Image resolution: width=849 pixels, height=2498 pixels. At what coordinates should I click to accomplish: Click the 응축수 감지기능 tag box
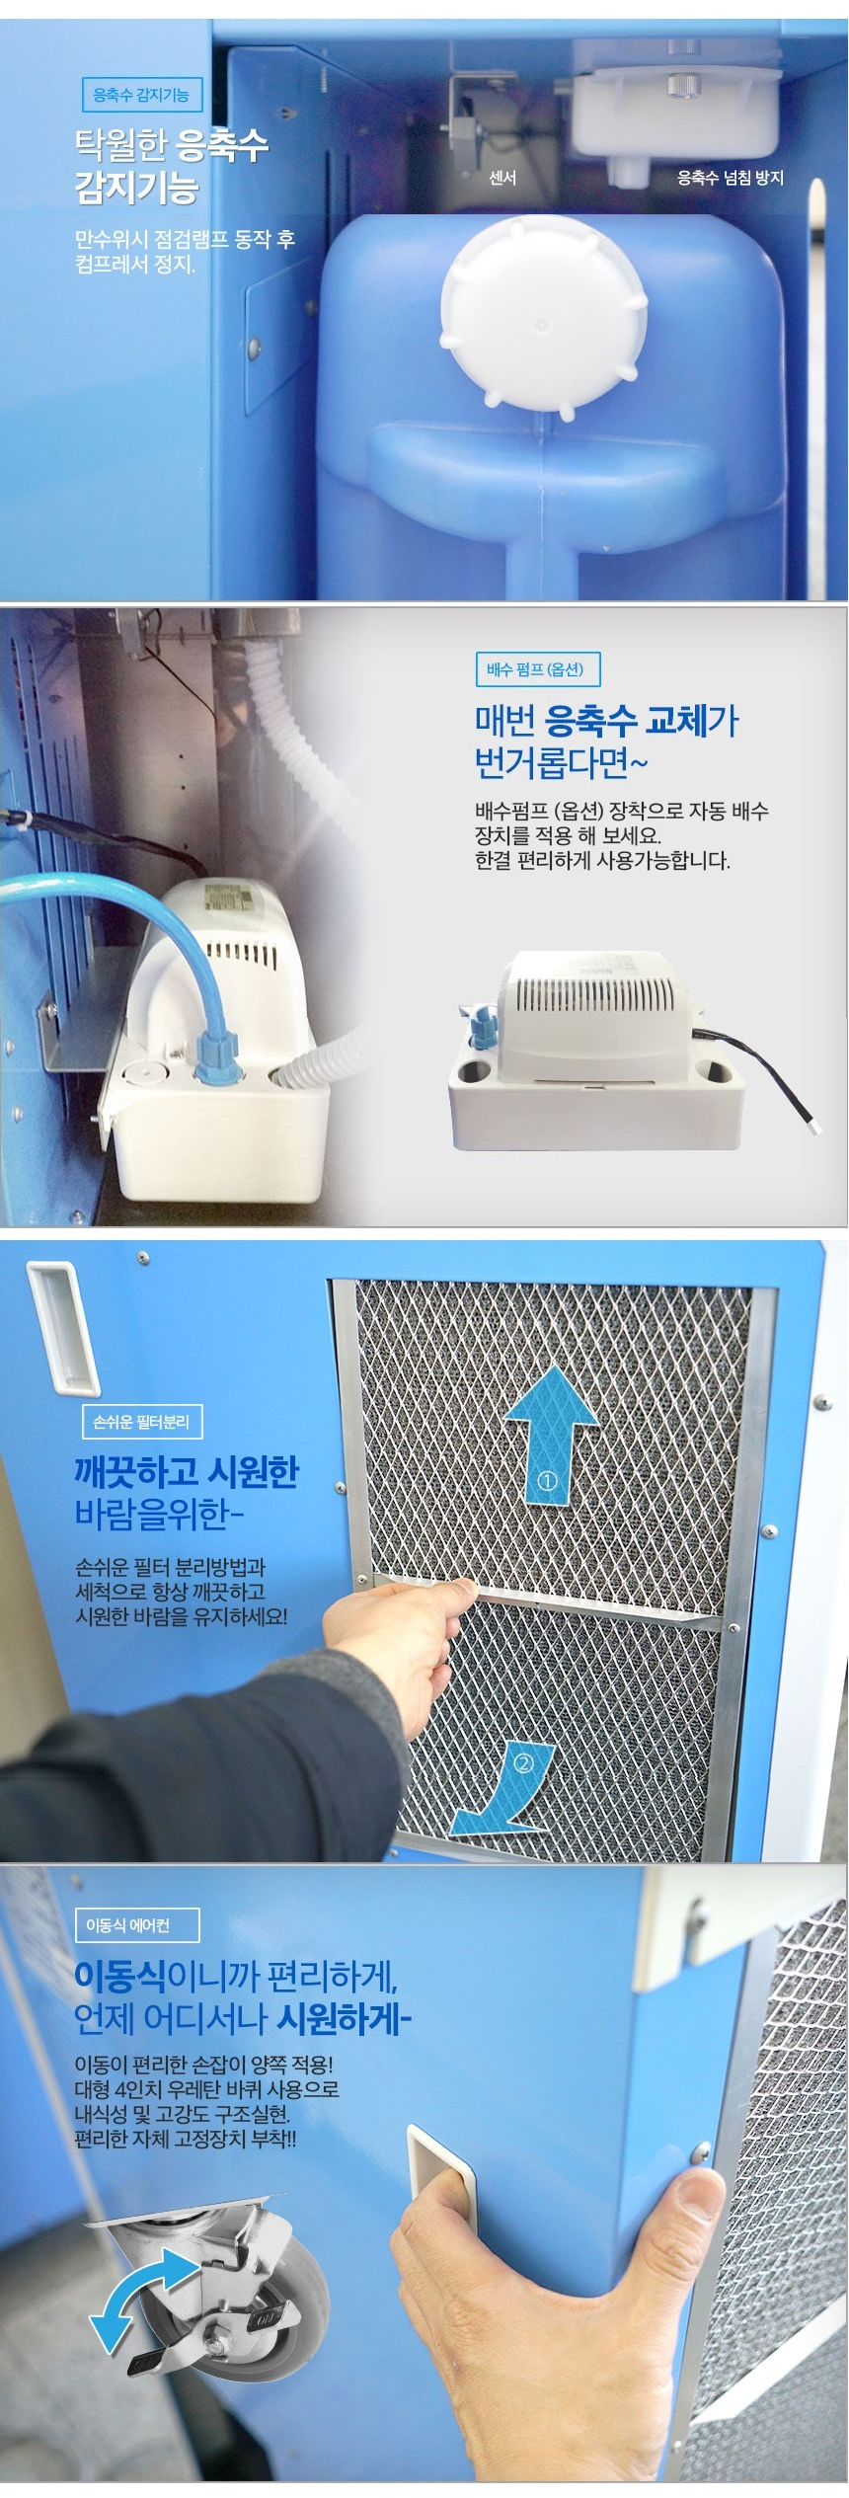point(141,96)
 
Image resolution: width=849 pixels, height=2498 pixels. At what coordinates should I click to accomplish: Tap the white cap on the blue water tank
point(543,312)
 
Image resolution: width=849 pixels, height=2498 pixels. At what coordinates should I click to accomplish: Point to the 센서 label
point(502,178)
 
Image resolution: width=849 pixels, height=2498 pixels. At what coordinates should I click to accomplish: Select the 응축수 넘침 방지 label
point(730,178)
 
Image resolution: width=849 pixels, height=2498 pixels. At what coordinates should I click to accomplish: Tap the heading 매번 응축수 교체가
point(606,721)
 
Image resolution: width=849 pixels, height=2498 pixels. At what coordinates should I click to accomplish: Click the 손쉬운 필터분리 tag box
point(141,1422)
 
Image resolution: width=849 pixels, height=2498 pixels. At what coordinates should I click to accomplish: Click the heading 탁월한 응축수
point(172,146)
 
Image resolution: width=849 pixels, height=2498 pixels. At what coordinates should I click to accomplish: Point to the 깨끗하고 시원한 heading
point(187,1471)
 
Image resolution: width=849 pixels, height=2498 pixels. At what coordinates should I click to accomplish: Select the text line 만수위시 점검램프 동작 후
point(186,239)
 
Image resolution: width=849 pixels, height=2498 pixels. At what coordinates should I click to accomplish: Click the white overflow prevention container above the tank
point(675,115)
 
